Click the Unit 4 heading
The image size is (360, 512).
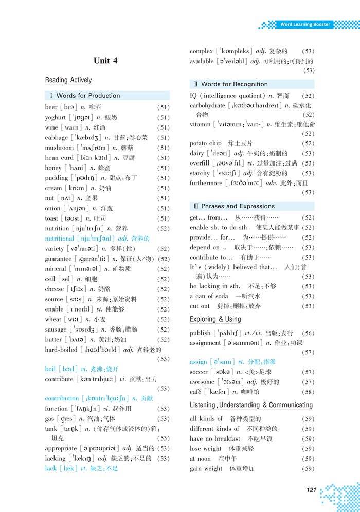tap(105, 61)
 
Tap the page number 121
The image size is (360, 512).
tap(311, 490)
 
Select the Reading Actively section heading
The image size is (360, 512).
tap(68, 80)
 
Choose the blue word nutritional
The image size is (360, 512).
tap(60, 239)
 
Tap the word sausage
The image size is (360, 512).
tap(56, 330)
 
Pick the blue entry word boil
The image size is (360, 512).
tap(50, 369)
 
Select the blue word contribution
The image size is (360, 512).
tap(62, 398)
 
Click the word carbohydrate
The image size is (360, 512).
tap(207, 105)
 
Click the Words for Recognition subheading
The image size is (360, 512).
tap(234, 84)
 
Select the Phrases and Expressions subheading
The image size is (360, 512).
tap(238, 206)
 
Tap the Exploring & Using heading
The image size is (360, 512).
tap(215, 319)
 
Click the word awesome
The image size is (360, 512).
tap(202, 382)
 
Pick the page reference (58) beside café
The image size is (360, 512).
tap(308, 392)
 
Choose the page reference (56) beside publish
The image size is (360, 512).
tap(308, 333)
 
